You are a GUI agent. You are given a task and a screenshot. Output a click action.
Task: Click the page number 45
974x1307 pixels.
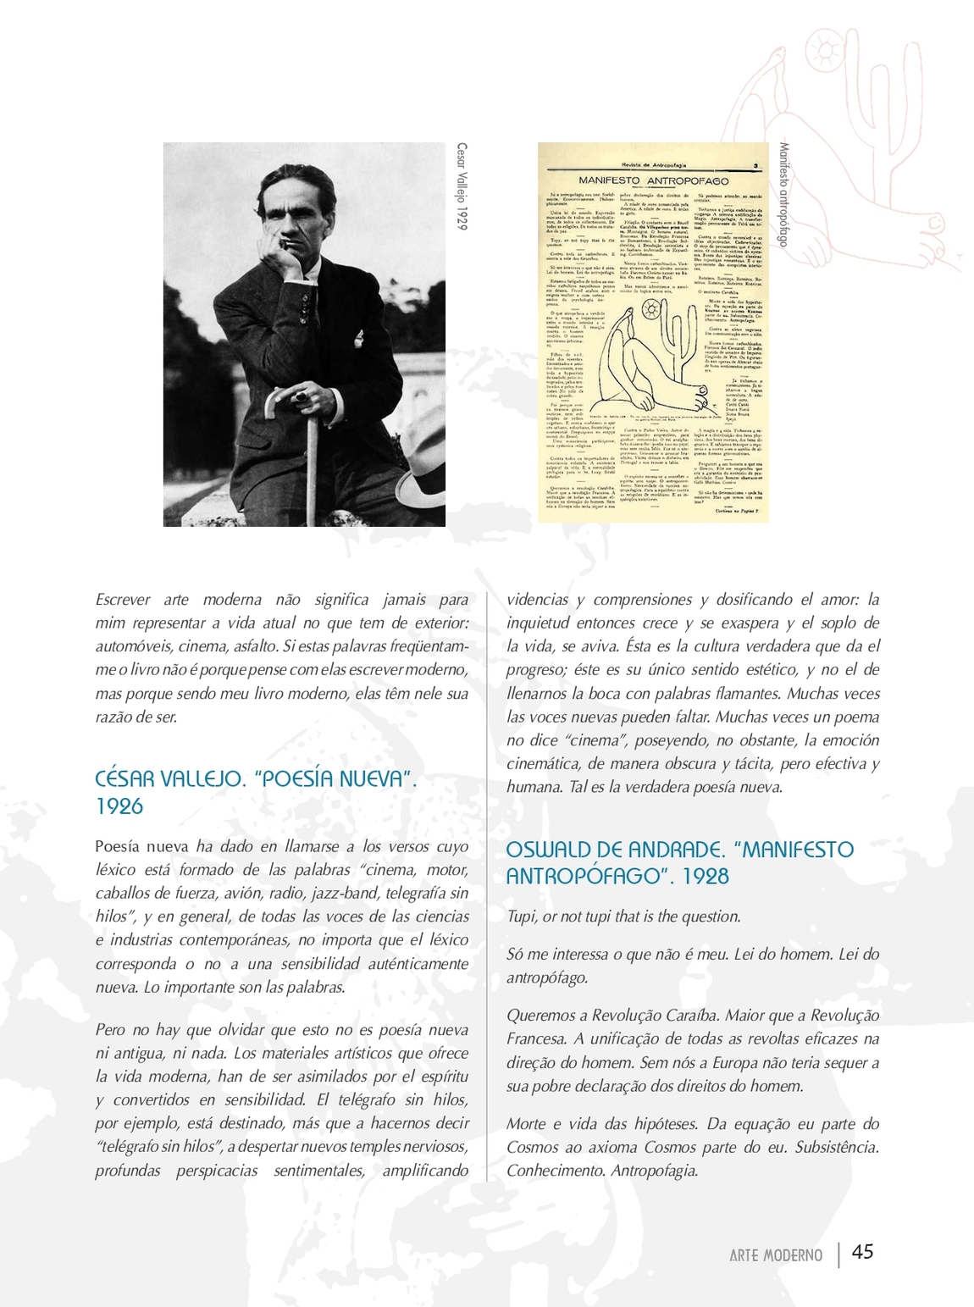point(862,1252)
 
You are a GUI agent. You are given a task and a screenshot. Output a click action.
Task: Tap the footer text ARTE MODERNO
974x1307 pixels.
point(775,1255)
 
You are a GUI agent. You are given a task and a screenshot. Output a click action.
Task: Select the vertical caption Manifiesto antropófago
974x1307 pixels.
point(783,195)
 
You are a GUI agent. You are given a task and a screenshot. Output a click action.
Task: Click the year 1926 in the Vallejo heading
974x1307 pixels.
point(119,806)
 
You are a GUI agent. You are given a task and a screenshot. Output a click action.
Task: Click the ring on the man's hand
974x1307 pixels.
point(302,394)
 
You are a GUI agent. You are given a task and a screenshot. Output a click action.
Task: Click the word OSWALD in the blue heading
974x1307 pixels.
point(553,850)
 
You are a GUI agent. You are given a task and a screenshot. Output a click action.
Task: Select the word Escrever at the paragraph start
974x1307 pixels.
point(123,600)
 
